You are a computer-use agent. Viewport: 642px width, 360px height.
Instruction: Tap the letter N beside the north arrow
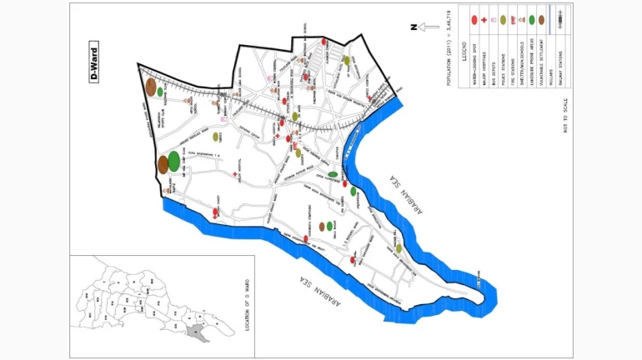point(413,27)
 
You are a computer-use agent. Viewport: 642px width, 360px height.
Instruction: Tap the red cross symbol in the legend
point(483,19)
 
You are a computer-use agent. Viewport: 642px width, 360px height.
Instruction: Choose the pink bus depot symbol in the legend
point(494,19)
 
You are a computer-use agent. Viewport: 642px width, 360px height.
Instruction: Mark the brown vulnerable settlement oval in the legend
point(540,19)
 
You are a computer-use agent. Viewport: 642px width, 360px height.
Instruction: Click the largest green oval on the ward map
point(173,161)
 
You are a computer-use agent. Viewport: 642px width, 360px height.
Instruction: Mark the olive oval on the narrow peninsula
point(399,248)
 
